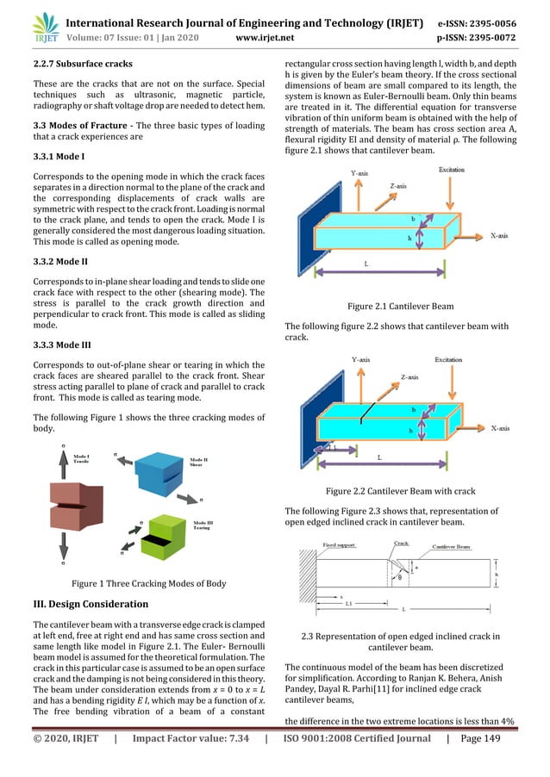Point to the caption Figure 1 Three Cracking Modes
click(x=148, y=583)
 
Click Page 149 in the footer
click(x=507, y=761)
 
